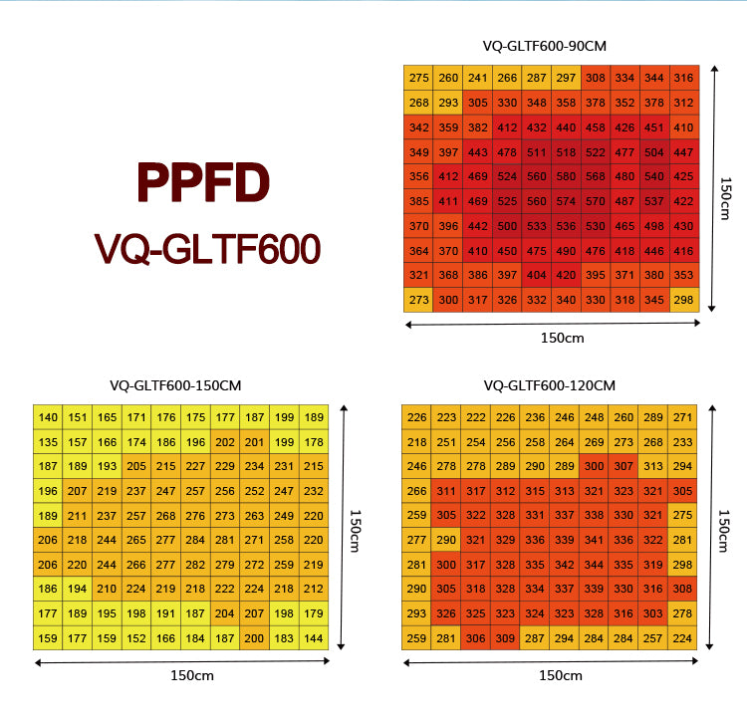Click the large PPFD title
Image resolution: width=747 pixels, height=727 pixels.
[203, 182]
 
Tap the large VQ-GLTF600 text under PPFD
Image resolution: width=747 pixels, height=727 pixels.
[207, 248]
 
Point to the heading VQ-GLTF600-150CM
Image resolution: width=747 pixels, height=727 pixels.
[175, 384]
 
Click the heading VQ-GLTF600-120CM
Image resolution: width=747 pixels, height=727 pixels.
[550, 384]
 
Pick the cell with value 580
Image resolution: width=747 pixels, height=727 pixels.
[566, 177]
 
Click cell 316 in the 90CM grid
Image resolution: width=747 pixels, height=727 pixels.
[683, 78]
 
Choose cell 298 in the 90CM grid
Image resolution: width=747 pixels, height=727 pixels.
[683, 300]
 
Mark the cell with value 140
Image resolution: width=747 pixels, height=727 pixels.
[48, 417]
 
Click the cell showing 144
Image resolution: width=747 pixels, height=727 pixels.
[314, 637]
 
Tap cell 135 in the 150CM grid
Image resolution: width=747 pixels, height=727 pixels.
[48, 442]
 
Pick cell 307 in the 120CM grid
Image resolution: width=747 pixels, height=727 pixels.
[623, 466]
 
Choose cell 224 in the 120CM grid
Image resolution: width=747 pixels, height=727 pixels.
[681, 637]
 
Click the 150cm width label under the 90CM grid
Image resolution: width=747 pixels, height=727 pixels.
[562, 338]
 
